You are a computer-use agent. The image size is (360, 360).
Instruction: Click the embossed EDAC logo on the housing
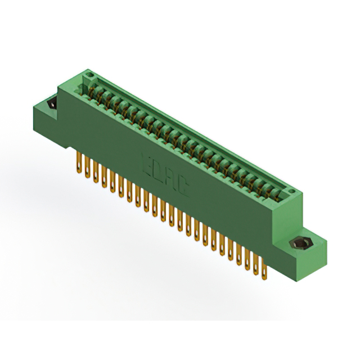tap(165, 174)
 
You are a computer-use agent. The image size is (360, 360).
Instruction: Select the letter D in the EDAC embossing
tap(159, 169)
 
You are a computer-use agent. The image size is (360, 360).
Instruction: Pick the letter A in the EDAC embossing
tap(171, 179)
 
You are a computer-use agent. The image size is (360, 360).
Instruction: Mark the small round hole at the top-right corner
tap(291, 192)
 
